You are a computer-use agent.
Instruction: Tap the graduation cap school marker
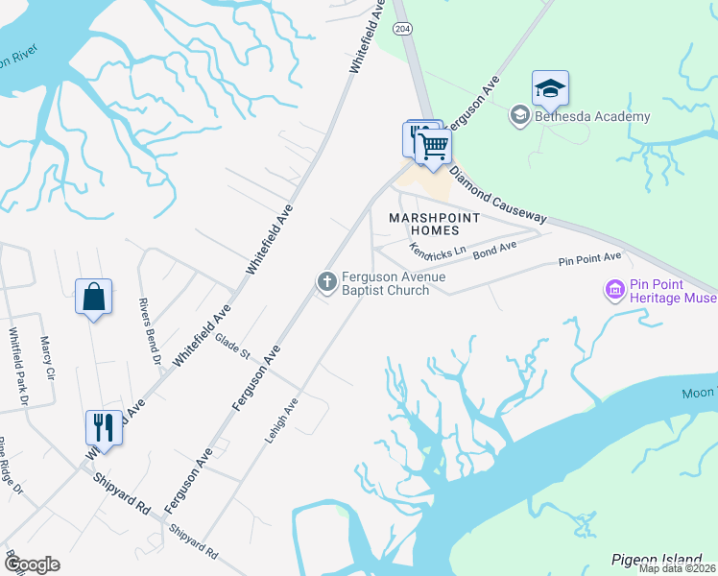click(x=550, y=88)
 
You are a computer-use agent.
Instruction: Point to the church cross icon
click(x=326, y=281)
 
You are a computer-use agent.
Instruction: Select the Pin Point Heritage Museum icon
click(x=613, y=288)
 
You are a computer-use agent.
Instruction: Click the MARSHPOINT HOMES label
click(x=431, y=225)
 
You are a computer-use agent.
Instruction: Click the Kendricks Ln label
click(x=437, y=250)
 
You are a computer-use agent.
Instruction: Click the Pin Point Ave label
click(x=590, y=259)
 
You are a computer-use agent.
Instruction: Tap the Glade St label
click(x=232, y=346)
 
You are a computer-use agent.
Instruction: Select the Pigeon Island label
click(x=657, y=559)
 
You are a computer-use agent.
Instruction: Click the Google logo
click(x=31, y=564)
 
